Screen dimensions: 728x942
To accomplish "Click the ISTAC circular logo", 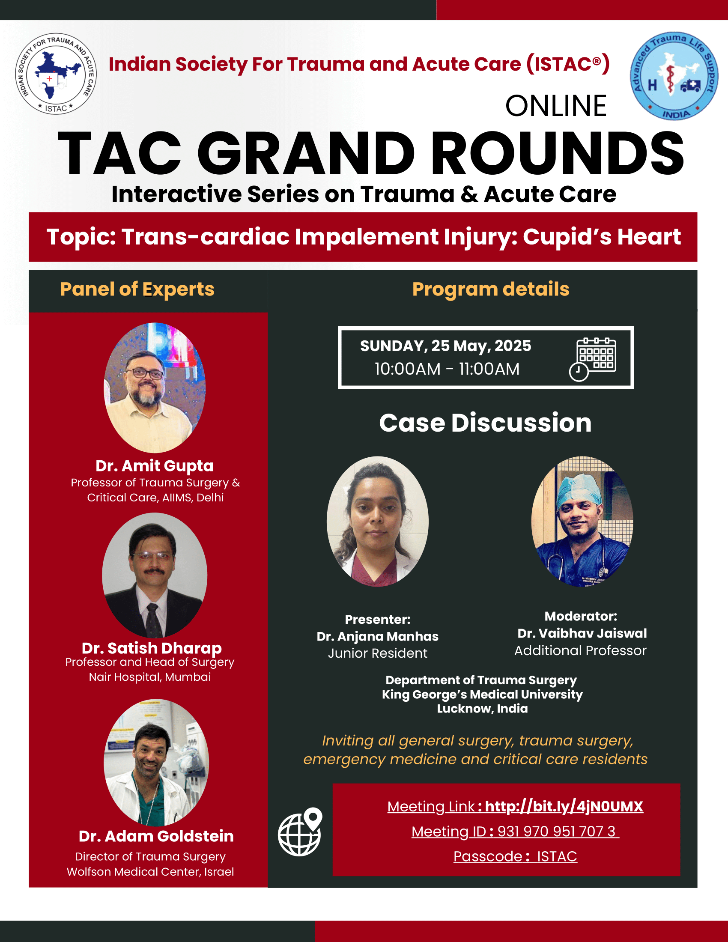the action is pyautogui.click(x=56, y=74).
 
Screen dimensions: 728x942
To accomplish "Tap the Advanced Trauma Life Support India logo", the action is pyautogui.click(x=674, y=76).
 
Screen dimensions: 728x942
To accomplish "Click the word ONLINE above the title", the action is pyautogui.click(x=556, y=106).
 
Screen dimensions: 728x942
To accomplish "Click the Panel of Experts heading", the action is pyautogui.click(x=137, y=289).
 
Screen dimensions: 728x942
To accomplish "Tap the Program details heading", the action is pyautogui.click(x=491, y=289).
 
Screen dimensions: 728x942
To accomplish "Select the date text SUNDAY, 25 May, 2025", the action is pyautogui.click(x=445, y=346).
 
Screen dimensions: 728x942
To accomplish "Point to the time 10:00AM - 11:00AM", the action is pyautogui.click(x=447, y=369).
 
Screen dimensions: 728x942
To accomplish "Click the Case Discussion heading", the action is pyautogui.click(x=485, y=423).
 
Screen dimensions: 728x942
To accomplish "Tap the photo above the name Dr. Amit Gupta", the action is pyautogui.click(x=155, y=388).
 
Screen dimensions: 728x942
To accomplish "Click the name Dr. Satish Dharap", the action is pyautogui.click(x=152, y=648).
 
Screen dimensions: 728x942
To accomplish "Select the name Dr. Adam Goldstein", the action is pyautogui.click(x=156, y=836).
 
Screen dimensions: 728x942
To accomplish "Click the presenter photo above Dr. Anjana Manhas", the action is pyautogui.click(x=377, y=522).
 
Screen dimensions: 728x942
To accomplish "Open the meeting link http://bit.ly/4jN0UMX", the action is pyautogui.click(x=564, y=807).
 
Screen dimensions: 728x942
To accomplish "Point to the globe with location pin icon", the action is pyautogui.click(x=300, y=832).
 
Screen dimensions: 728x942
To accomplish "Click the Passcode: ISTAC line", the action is pyautogui.click(x=515, y=857).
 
